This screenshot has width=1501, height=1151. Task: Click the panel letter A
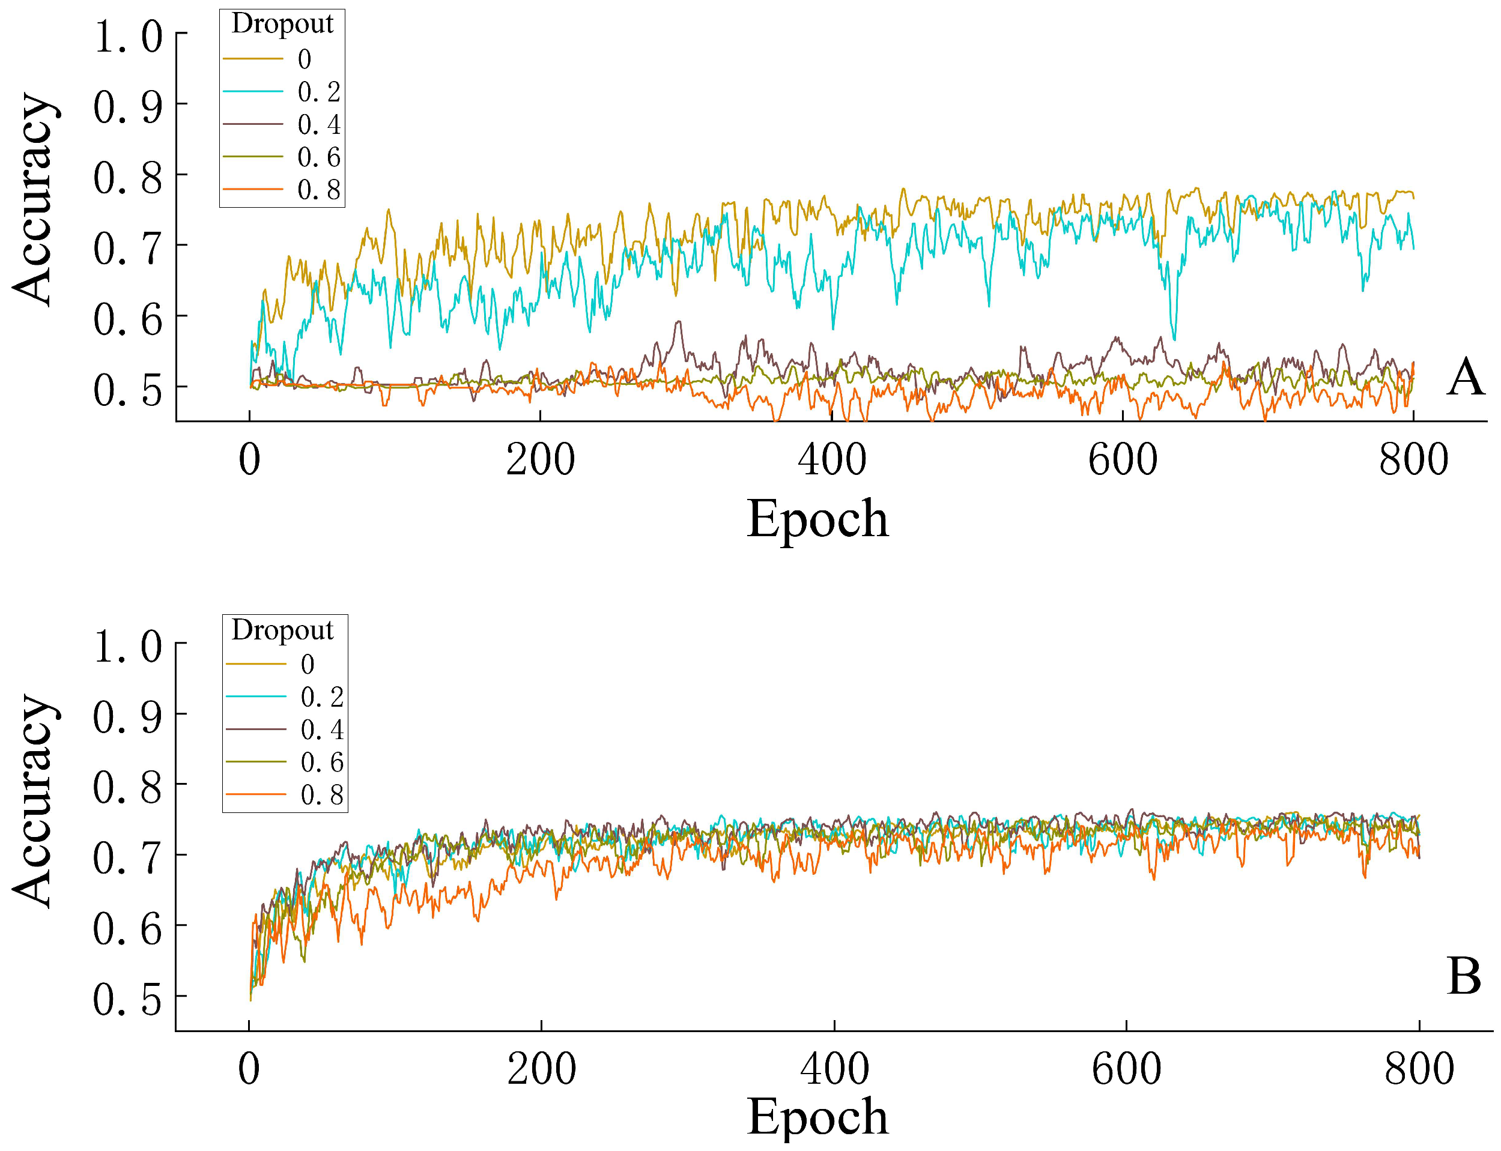[x=1466, y=377]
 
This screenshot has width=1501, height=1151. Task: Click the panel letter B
[x=1464, y=976]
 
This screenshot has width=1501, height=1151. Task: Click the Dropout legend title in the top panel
[x=282, y=25]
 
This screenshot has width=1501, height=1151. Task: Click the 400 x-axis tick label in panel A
[x=832, y=460]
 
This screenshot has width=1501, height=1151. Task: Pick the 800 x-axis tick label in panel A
[x=1414, y=460]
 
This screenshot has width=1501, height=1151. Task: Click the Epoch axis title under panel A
[x=817, y=519]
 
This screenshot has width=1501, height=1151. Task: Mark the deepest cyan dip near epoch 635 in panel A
[x=1174, y=339]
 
